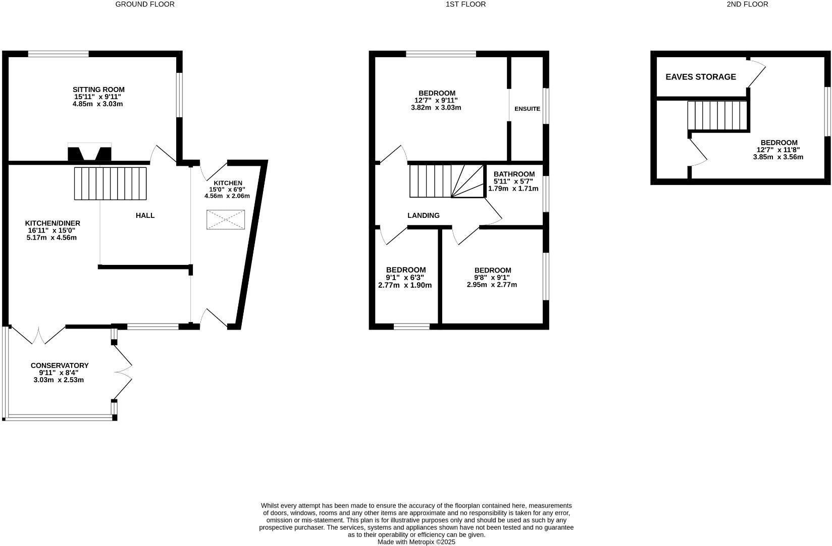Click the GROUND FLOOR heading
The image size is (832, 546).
[145, 5]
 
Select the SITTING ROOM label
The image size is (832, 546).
[98, 89]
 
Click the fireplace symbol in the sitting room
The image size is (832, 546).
[90, 153]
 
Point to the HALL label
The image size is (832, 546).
[145, 215]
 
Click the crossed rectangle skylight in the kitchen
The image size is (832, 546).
[225, 220]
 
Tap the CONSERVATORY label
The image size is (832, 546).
[60, 366]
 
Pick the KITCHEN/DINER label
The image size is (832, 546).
[53, 223]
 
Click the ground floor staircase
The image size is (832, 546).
[110, 183]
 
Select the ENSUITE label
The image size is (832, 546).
[527, 109]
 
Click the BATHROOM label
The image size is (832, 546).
[514, 174]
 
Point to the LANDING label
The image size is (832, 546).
[424, 215]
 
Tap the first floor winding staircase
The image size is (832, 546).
[446, 180]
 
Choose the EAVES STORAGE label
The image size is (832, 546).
[701, 77]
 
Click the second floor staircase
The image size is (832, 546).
[717, 116]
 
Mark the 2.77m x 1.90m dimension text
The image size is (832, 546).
[405, 285]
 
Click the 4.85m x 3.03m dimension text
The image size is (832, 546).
[98, 104]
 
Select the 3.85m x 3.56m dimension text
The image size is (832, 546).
[778, 157]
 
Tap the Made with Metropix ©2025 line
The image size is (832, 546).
[417, 541]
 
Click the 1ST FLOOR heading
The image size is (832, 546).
[465, 5]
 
